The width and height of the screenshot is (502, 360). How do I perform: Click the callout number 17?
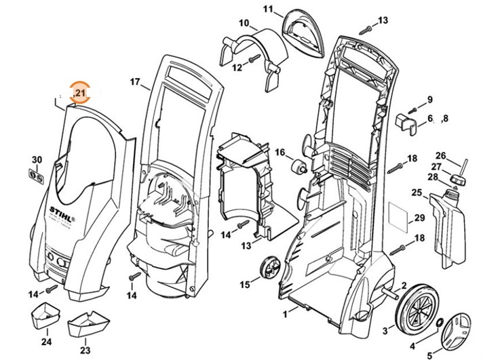pos(134,82)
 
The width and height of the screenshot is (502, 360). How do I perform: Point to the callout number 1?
pos(286,315)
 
